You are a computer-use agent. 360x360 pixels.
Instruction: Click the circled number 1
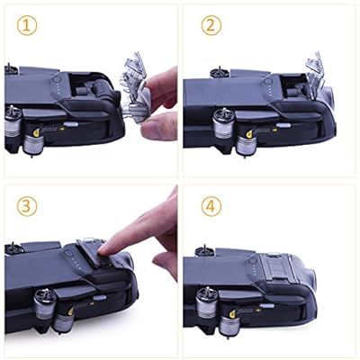tap(27, 26)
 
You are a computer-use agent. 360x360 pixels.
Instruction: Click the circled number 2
tap(211, 26)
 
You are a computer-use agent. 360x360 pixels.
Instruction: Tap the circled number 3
tap(27, 206)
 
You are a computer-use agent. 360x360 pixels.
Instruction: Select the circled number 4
tap(211, 206)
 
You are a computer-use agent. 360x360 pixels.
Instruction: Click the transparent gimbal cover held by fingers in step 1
tap(136, 90)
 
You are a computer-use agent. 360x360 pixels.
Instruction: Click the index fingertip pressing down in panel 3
tap(105, 248)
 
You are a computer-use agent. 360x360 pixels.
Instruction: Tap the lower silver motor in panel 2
tap(247, 146)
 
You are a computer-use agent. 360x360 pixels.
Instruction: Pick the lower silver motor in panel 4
tap(230, 328)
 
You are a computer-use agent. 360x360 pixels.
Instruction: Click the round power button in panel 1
tap(57, 79)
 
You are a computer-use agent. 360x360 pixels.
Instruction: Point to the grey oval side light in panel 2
tap(283, 125)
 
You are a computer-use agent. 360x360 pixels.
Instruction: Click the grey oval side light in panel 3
tap(100, 298)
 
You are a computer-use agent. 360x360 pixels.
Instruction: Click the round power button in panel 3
tap(68, 254)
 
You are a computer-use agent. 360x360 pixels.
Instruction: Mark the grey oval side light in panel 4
tap(266, 306)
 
